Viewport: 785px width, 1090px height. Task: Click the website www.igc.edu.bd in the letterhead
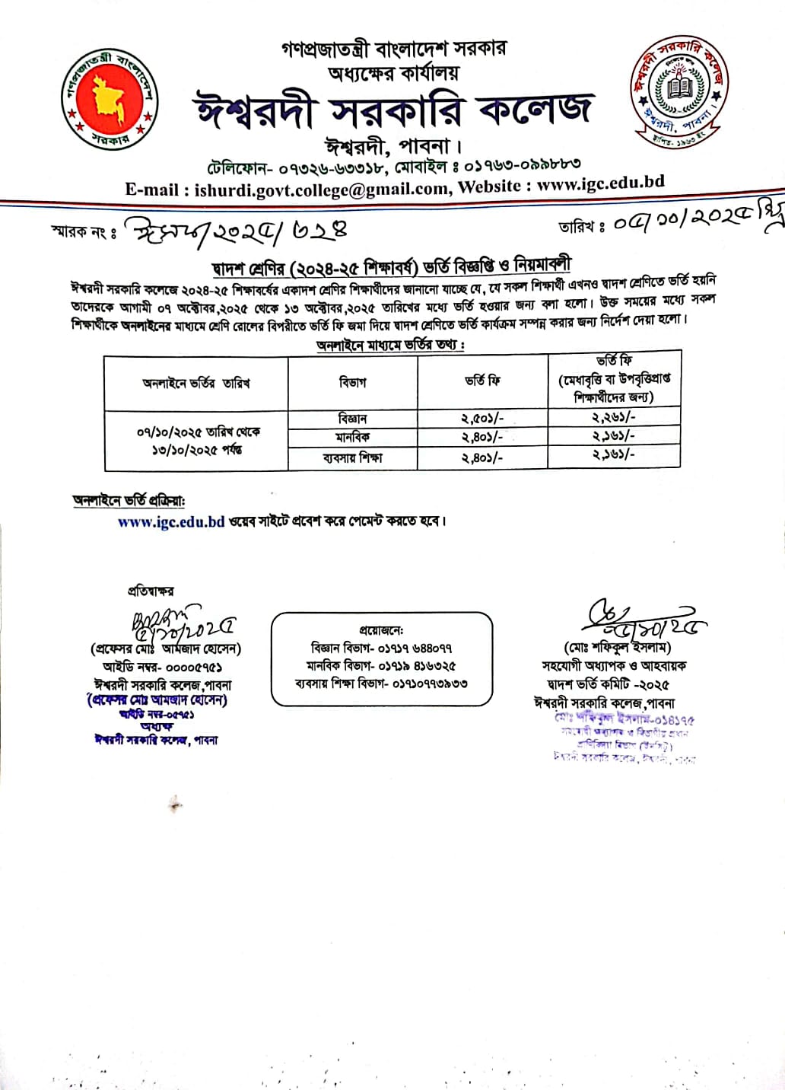click(x=600, y=183)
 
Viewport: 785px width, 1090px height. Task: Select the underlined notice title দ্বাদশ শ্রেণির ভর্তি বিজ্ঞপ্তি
click(x=392, y=266)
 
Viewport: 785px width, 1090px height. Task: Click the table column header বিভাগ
click(x=352, y=381)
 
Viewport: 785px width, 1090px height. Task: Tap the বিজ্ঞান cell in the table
click(x=352, y=419)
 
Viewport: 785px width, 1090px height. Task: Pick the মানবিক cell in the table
click(x=352, y=438)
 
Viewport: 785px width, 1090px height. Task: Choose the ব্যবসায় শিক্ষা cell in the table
click(x=352, y=458)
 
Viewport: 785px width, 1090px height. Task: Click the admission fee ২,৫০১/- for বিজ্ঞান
click(x=482, y=419)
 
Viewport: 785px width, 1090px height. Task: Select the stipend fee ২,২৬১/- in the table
click(x=613, y=417)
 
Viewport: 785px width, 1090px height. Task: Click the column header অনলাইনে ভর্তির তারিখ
click(x=195, y=383)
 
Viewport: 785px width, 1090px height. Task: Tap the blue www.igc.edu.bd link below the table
click(x=171, y=522)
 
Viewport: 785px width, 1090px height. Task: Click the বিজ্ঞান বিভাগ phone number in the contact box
click(x=381, y=649)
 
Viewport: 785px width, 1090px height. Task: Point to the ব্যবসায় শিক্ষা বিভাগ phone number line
click(x=381, y=684)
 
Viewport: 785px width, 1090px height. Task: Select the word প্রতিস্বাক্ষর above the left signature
click(x=151, y=591)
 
